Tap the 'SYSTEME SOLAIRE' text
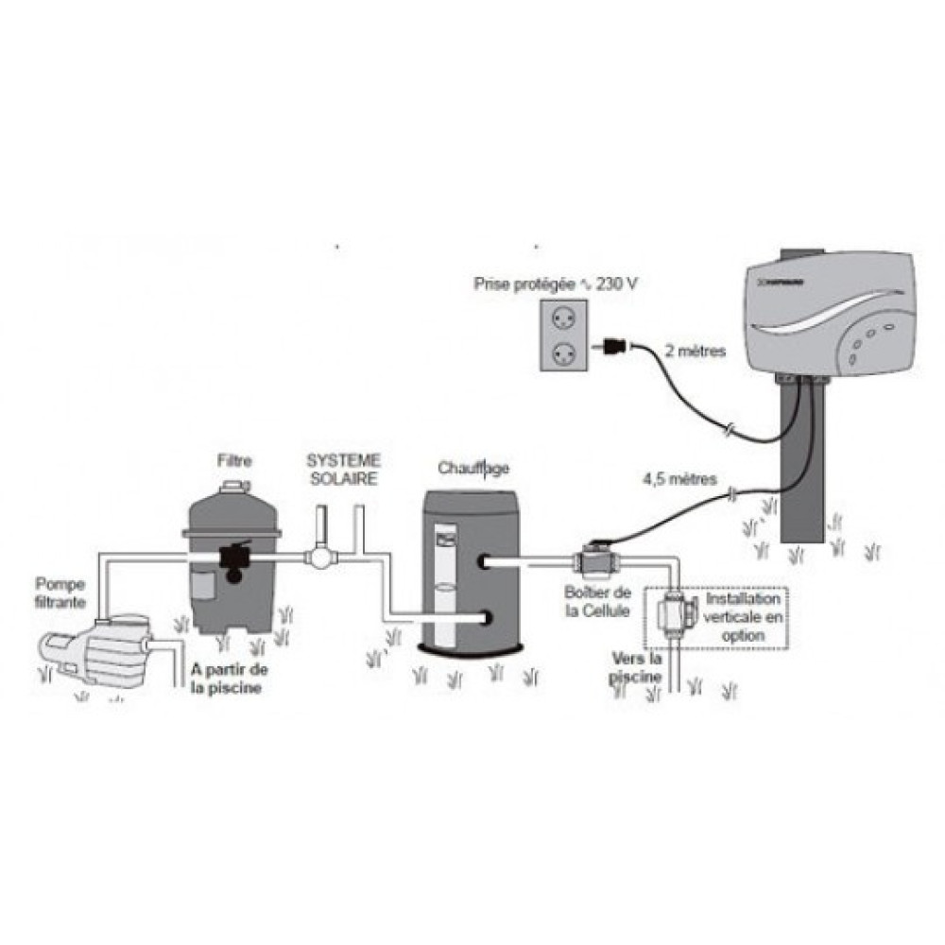pos(344,469)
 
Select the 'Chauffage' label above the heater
pos(473,468)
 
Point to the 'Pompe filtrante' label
pos(62,593)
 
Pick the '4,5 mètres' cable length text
pos(680,478)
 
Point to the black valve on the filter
pos(232,558)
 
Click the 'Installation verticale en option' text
pos(744,618)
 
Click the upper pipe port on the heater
pos(485,563)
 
